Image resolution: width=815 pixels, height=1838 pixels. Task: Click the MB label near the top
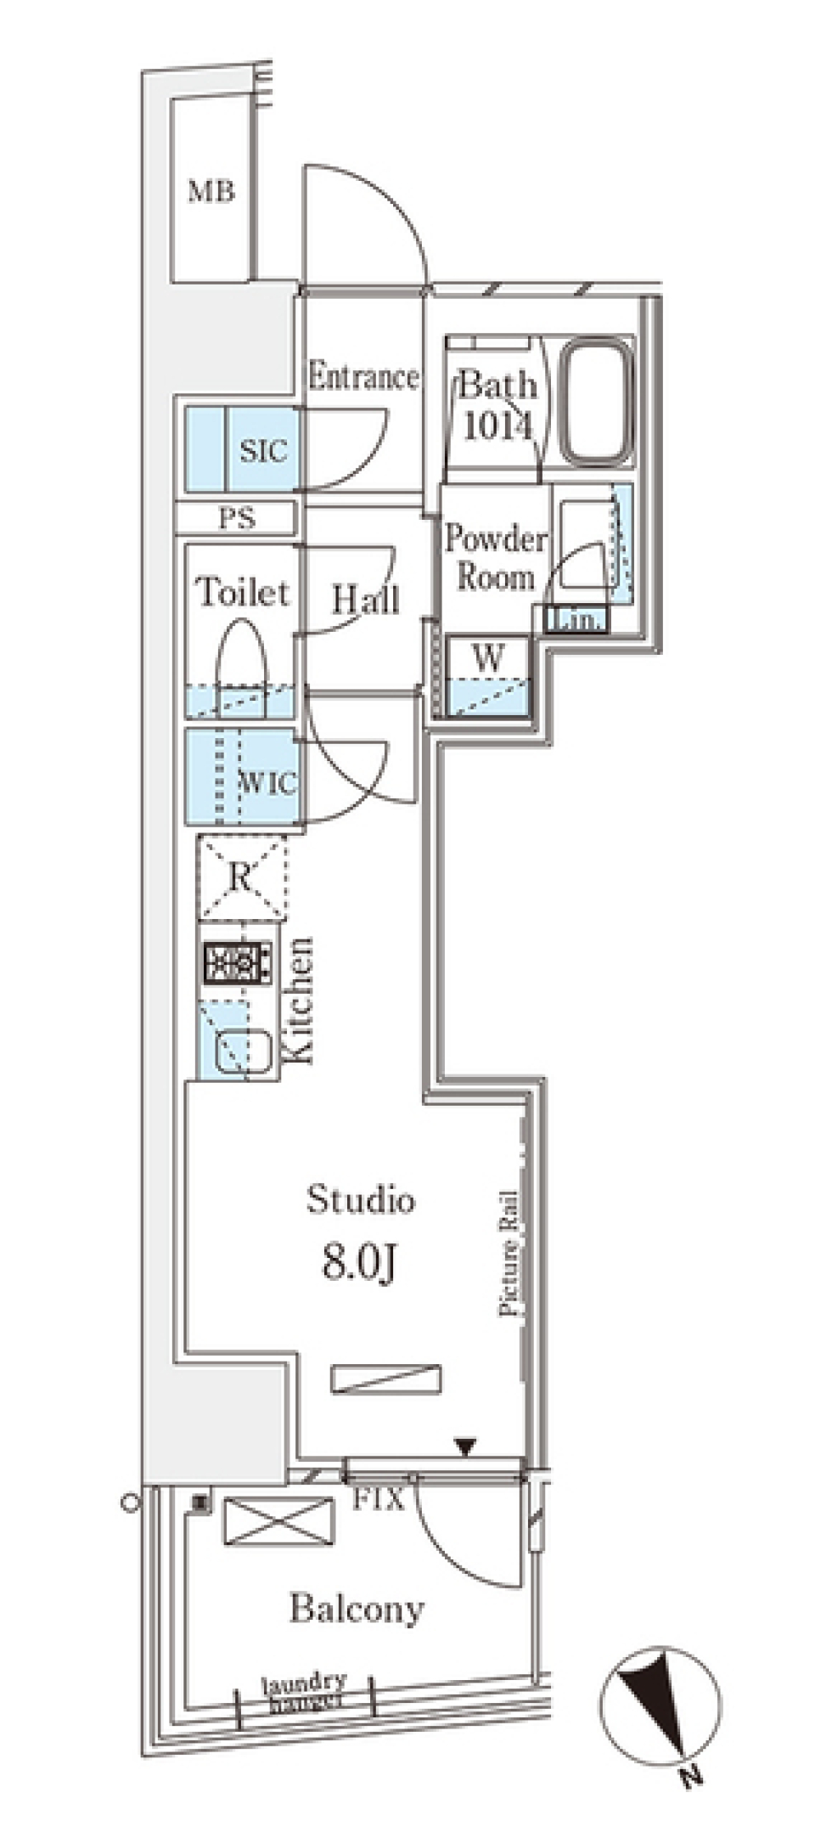[x=211, y=193]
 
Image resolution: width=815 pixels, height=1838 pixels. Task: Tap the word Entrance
[x=364, y=376]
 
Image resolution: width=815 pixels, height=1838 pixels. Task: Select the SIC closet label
[x=263, y=451]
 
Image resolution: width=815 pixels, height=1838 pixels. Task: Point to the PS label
[x=238, y=517]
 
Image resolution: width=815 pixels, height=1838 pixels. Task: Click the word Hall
[x=365, y=600]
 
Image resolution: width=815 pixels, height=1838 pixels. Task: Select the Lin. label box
[x=576, y=621]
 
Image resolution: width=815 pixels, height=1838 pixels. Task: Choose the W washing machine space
[x=488, y=677]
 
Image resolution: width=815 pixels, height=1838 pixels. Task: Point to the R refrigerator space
[x=241, y=878]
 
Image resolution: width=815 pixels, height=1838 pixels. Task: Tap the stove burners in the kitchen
[x=237, y=963]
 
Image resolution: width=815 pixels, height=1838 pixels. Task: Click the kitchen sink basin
[x=243, y=1053]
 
